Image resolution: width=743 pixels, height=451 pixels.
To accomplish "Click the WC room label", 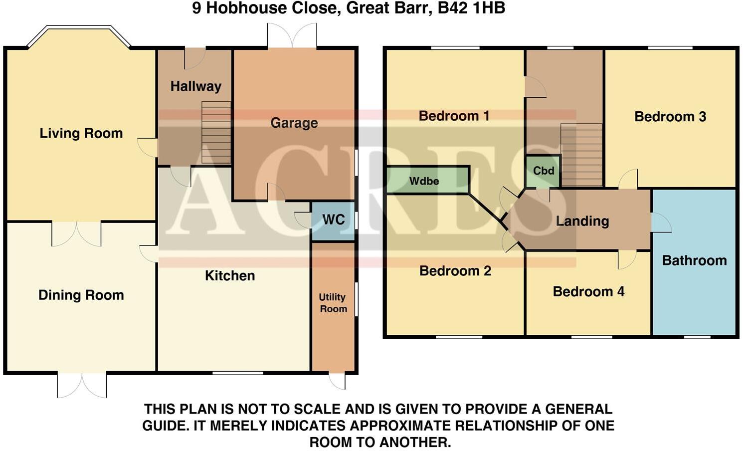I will [333, 220].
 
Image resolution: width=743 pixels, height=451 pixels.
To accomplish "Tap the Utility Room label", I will [333, 303].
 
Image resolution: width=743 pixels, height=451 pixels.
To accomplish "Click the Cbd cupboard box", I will [543, 171].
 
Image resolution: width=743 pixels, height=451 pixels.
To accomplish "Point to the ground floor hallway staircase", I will [216, 132].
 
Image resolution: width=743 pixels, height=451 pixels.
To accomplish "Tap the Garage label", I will [294, 123].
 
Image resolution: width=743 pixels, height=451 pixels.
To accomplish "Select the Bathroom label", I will [694, 260].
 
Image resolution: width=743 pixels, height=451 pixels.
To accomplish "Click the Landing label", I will [582, 221].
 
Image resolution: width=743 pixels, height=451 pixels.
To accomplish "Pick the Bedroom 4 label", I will [588, 291].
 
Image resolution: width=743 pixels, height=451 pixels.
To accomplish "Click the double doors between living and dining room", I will [77, 233].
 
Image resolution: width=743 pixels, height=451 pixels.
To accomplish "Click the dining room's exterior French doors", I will [82, 385].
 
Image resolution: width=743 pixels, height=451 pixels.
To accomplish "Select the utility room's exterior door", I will [338, 381].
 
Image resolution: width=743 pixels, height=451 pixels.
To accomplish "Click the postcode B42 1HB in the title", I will [471, 8].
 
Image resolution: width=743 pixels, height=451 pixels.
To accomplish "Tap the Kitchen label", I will [230, 276].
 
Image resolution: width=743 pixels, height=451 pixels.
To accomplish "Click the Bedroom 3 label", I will [670, 117].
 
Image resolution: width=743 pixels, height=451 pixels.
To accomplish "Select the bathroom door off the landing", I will [660, 223].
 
